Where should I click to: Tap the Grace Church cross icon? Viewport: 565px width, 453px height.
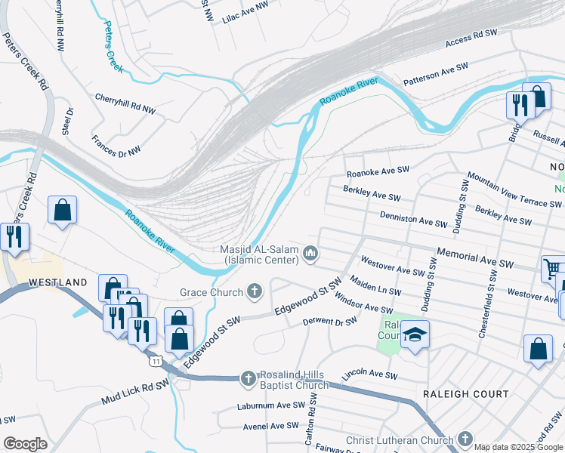point(255,291)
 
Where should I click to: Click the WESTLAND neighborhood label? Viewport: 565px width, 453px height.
point(59,282)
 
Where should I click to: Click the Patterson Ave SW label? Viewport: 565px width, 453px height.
point(436,73)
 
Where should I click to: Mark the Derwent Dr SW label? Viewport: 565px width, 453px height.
point(329,322)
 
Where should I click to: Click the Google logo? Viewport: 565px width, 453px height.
point(24,444)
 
